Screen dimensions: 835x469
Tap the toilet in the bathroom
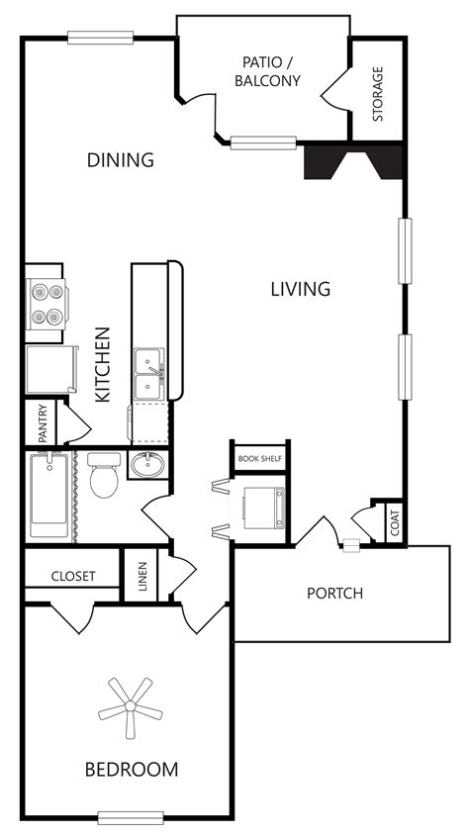tap(102, 478)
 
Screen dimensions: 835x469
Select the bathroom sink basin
tap(148, 465)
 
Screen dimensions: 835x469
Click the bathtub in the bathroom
tap(49, 494)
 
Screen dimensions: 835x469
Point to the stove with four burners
tap(46, 305)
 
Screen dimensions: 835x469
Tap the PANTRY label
tap(43, 422)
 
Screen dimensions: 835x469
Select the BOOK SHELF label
tap(260, 459)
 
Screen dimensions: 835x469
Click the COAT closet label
tap(395, 522)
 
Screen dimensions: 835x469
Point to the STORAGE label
tap(378, 94)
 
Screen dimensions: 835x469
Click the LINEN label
tap(142, 575)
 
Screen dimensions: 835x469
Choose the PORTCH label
tap(334, 594)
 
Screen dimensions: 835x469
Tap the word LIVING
tap(300, 289)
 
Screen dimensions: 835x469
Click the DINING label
tap(120, 159)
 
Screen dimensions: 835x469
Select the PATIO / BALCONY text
tap(267, 72)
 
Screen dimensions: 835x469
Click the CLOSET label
tap(72, 575)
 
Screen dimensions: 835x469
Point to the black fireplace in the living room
tap(353, 161)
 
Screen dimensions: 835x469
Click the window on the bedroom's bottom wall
tap(131, 816)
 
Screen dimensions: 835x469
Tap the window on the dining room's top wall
tap(100, 38)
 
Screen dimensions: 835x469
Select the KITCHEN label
tap(101, 364)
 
